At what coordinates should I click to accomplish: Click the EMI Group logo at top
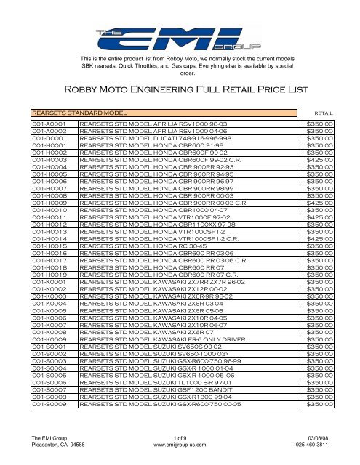point(179,34)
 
